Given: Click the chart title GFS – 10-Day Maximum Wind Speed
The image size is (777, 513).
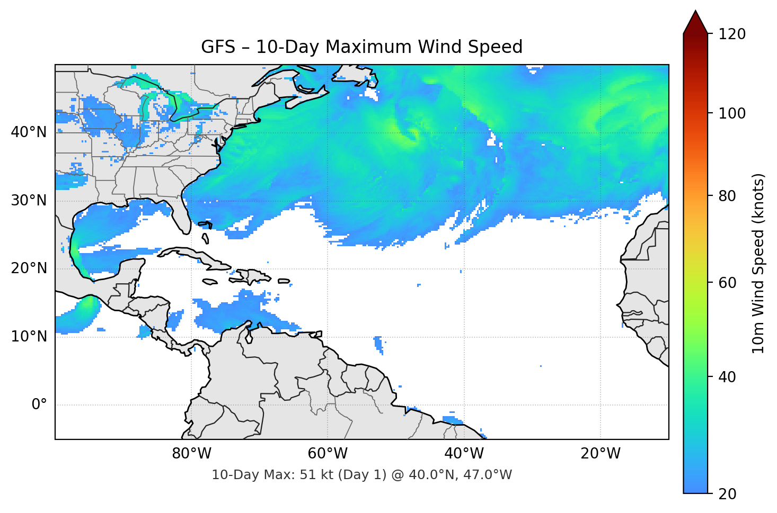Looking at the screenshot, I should tap(361, 47).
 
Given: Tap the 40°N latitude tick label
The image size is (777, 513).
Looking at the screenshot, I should tap(29, 132).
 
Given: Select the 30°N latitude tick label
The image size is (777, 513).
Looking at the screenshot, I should tap(29, 201).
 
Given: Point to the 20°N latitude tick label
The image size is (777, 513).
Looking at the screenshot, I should tap(29, 268).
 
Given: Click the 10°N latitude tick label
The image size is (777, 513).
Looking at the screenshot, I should tap(29, 337).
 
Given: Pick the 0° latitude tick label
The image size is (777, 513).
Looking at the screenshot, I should tap(39, 405).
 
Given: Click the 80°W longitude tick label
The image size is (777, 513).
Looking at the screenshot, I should tap(191, 454).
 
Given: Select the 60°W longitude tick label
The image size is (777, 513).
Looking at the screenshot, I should tap(328, 454).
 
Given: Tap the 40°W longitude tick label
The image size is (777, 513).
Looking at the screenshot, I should tap(464, 454).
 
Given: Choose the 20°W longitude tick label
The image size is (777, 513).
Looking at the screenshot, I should tap(600, 454).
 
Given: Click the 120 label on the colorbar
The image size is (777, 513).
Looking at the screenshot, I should tap(732, 34).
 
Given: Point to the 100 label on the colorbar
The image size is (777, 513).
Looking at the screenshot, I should tap(732, 113).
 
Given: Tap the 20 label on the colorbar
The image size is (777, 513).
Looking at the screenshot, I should tap(727, 494).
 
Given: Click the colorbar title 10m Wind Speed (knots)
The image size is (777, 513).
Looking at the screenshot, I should tap(758, 264).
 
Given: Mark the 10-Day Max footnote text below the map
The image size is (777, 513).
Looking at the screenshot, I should tap(361, 475).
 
